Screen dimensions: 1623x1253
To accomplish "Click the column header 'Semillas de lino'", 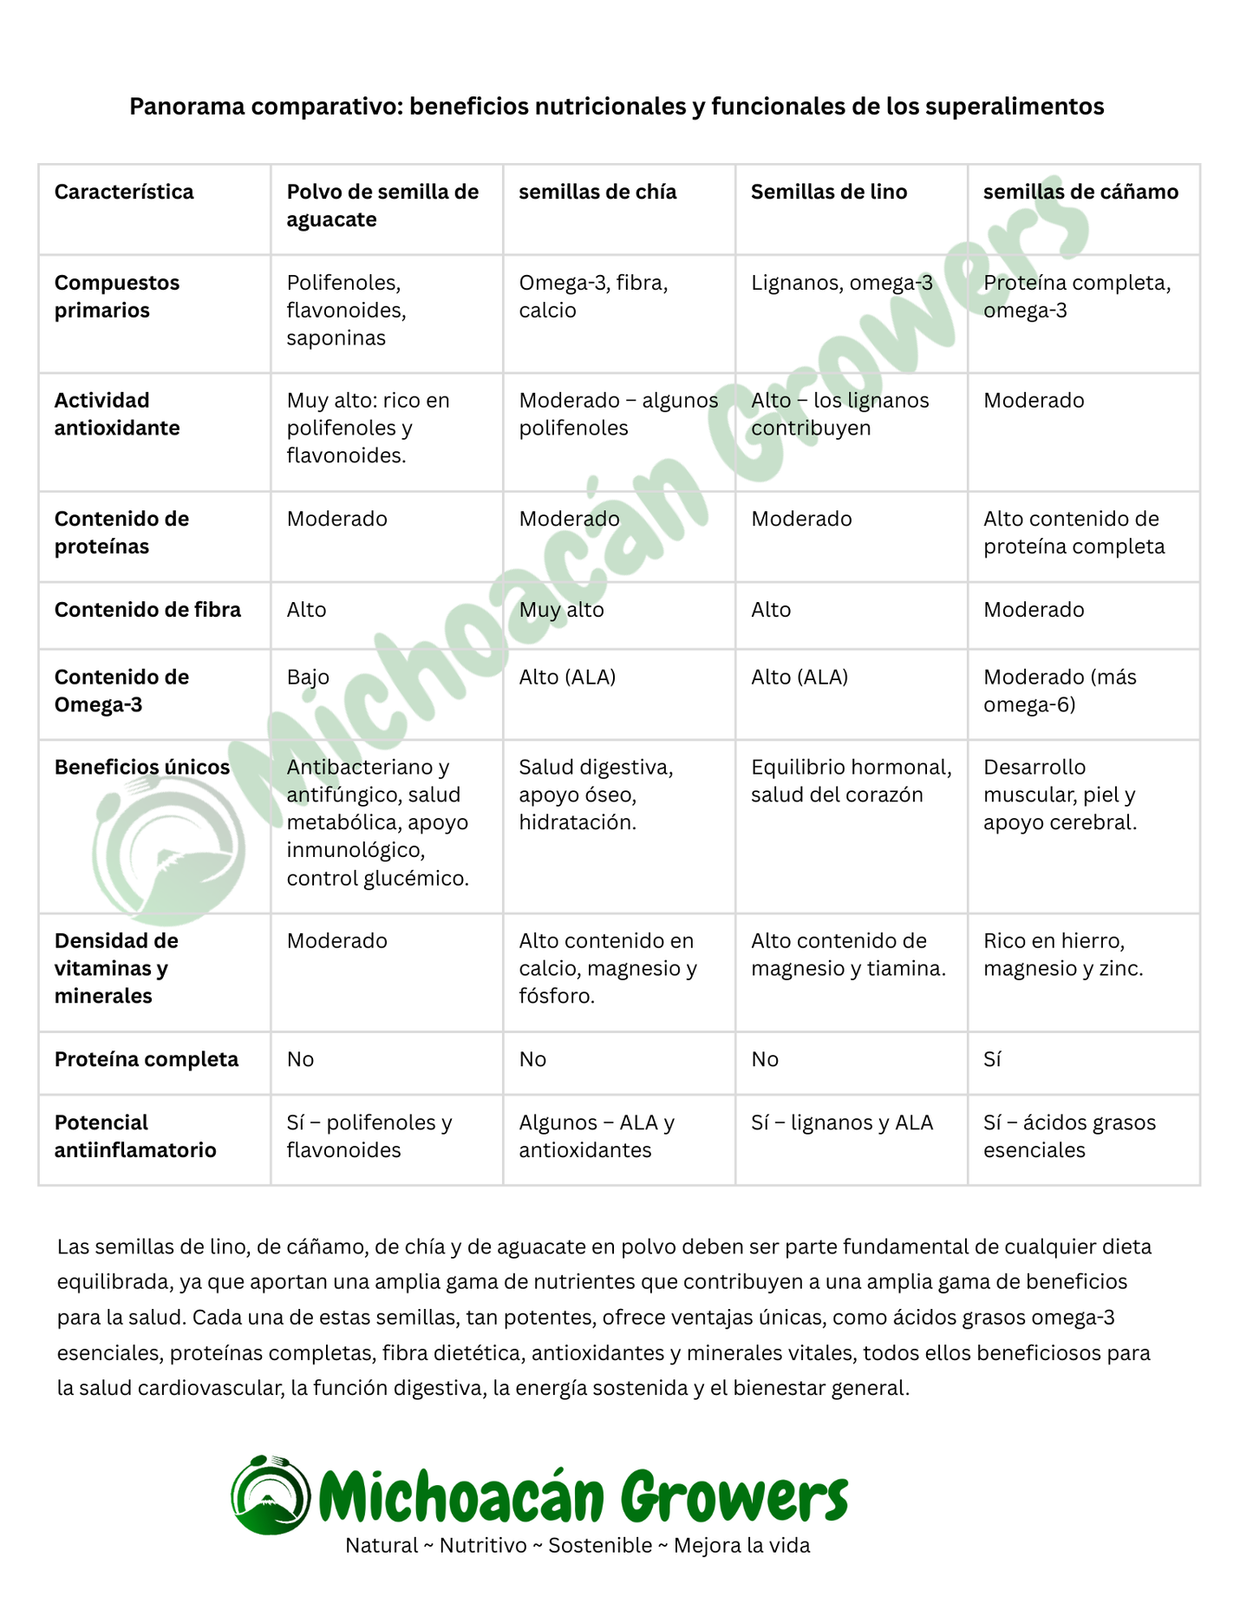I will coord(828,192).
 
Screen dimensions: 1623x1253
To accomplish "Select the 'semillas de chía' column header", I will coord(597,192).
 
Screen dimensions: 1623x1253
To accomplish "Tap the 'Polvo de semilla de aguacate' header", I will coord(382,206).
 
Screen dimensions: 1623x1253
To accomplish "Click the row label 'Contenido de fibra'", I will coord(147,610).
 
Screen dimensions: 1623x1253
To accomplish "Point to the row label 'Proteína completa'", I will coord(146,1059).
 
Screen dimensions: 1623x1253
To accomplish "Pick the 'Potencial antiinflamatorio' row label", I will coord(135,1136).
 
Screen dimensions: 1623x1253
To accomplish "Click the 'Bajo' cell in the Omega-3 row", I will coord(308,677).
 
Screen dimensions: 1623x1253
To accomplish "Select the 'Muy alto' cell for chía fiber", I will coord(561,610).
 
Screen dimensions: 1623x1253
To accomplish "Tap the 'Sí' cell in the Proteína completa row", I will coord(992,1059).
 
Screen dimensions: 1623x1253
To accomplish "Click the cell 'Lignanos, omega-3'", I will coord(841,283).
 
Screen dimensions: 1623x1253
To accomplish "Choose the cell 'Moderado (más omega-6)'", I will coord(1060,690).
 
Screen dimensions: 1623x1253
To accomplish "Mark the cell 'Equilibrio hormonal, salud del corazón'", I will coord(851,781).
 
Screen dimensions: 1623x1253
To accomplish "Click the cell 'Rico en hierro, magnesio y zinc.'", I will coord(1063,954).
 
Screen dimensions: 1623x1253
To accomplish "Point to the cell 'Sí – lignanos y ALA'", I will coord(841,1122).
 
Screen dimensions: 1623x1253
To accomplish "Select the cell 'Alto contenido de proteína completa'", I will coord(1074,533).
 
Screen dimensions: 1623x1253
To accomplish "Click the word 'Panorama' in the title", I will coord(179,107).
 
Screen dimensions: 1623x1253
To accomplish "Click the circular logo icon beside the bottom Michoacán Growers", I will coord(271,1495).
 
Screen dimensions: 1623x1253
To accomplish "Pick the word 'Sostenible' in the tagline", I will coord(600,1545).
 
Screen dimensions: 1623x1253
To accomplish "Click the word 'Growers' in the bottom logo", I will coord(734,1496).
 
